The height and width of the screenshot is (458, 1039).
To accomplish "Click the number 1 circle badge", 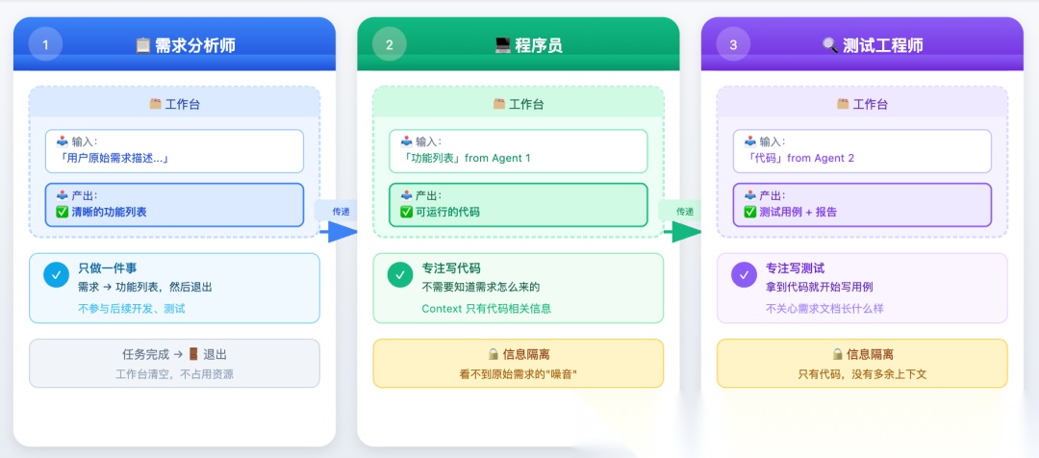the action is (x=45, y=44).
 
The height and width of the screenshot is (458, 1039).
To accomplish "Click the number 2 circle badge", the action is (x=389, y=44).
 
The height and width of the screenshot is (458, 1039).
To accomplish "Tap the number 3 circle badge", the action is (x=733, y=44).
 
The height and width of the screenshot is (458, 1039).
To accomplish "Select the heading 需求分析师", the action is (x=194, y=45).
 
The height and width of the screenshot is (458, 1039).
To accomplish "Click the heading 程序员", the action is (x=538, y=45).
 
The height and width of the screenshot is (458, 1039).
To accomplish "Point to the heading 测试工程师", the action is (x=881, y=45).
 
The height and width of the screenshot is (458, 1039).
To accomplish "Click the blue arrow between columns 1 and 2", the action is (x=338, y=231).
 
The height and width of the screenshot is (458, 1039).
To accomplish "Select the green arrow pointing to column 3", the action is (x=682, y=231).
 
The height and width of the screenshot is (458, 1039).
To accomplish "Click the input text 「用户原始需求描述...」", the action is (x=114, y=158).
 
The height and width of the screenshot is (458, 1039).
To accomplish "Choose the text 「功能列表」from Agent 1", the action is (x=465, y=158).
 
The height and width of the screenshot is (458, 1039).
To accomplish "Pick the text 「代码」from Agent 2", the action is (x=800, y=158).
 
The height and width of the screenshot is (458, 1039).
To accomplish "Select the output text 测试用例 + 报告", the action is (x=798, y=212).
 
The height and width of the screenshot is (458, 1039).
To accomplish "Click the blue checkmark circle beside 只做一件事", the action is (x=56, y=274).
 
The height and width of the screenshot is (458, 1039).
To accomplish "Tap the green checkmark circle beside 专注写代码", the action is (x=400, y=274).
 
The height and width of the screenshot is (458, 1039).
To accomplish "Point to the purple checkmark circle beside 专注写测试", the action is (x=744, y=274).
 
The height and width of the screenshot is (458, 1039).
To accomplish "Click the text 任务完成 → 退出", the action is (x=174, y=354).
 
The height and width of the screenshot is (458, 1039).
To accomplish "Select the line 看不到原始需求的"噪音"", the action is (x=518, y=373).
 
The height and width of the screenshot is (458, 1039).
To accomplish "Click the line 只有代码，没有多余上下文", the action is (x=861, y=373).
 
